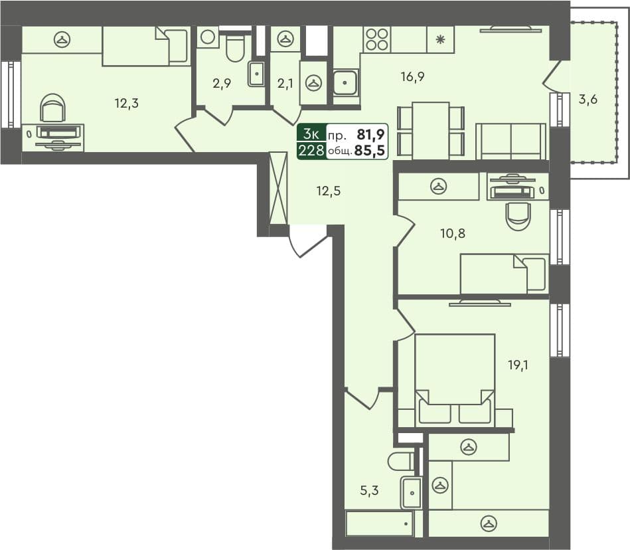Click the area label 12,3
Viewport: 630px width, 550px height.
126,103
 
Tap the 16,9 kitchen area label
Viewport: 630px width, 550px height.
412,77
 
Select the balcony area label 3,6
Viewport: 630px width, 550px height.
588,100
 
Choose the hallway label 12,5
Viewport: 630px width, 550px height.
328,191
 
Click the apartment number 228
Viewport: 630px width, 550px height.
311,150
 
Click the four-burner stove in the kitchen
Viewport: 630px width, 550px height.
377,39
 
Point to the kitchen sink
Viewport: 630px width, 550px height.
345,82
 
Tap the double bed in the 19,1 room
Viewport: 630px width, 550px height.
455,379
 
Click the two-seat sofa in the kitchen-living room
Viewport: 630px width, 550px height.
511,141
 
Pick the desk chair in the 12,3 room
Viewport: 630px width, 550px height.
53,108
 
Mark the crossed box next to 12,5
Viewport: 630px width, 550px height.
279,188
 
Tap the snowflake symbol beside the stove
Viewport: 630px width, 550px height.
439,39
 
